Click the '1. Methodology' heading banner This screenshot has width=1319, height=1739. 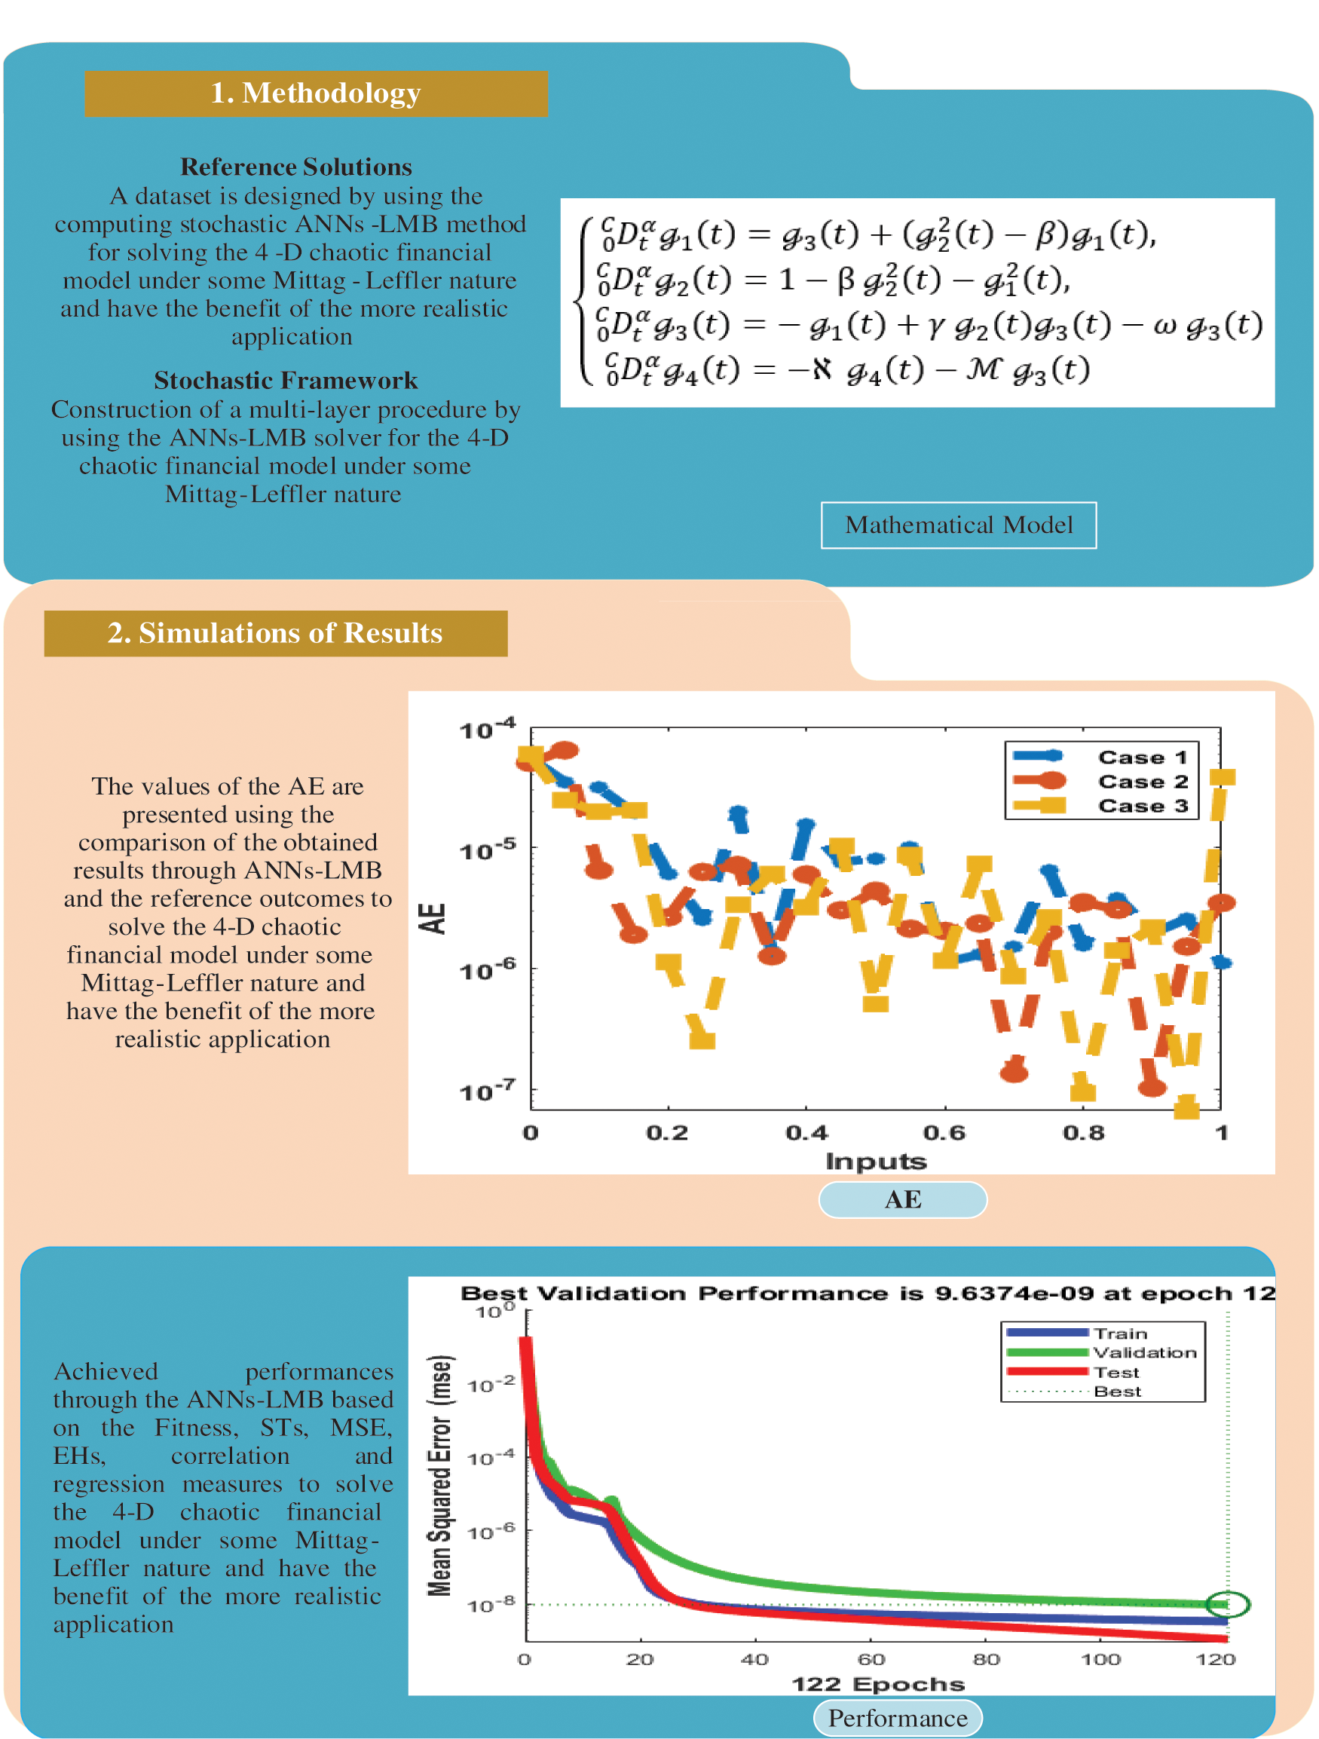coord(316,93)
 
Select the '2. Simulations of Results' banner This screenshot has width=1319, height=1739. coord(275,633)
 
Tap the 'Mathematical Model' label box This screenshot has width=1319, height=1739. coord(958,525)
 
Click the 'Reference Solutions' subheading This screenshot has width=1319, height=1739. coord(296,167)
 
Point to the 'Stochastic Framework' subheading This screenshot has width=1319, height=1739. coord(286,380)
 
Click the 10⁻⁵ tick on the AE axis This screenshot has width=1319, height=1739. coord(488,849)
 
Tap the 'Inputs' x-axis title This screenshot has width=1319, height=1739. coord(876,1161)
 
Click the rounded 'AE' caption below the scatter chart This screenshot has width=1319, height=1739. coord(902,1200)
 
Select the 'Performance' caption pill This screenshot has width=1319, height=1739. coord(898,1719)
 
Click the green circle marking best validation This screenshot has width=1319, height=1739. coord(1227,1604)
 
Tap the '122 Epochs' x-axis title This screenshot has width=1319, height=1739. coord(877,1683)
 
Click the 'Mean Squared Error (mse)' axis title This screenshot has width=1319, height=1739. coord(440,1475)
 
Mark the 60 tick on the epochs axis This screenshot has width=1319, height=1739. coord(871,1659)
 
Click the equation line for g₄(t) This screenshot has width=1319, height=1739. coord(847,369)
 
